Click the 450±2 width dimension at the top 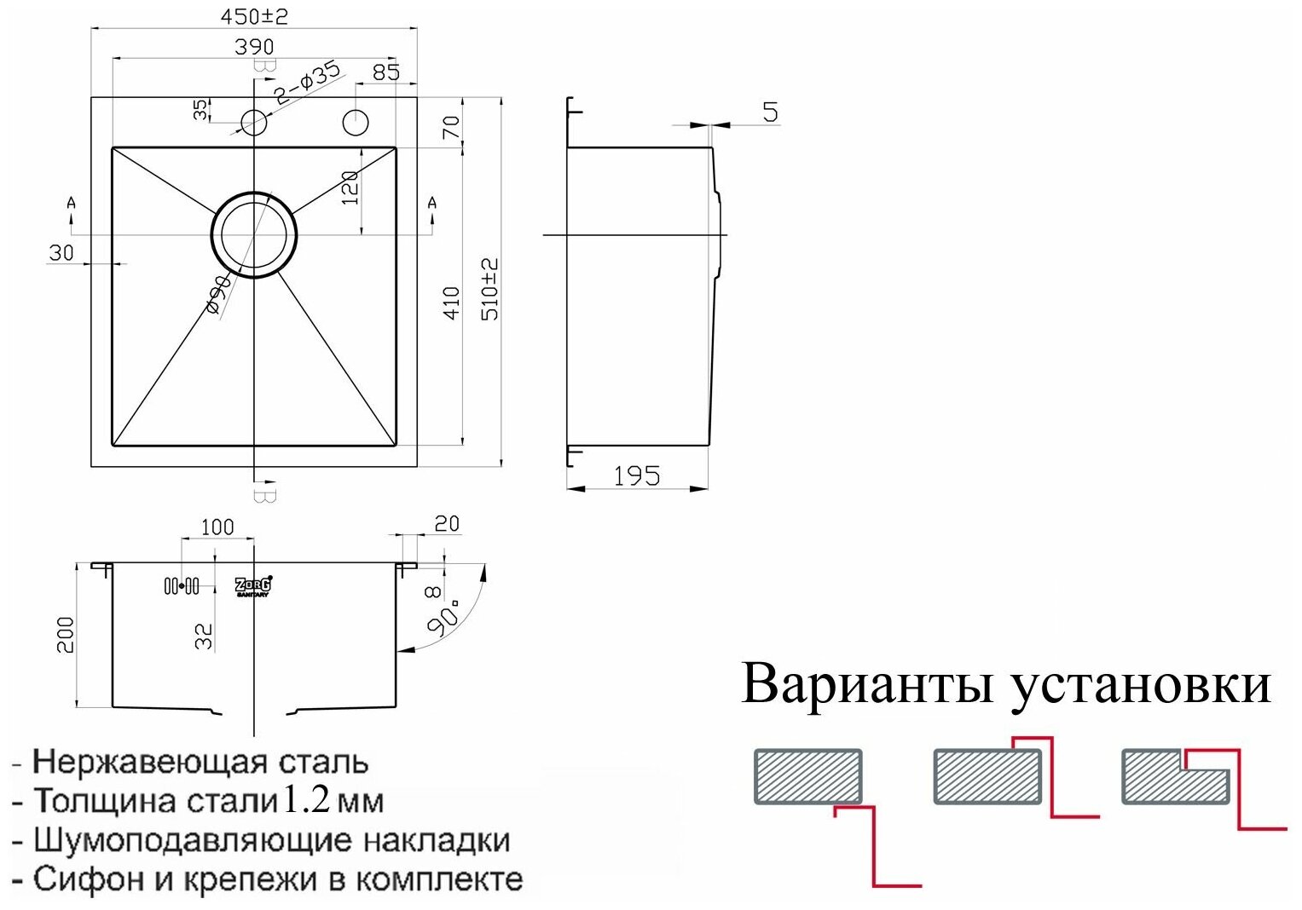point(254,17)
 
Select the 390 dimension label point(254,46)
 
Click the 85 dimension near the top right point(386,72)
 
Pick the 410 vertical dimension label point(452,302)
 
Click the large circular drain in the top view point(253,234)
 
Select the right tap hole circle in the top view point(356,122)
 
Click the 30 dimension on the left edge point(61,252)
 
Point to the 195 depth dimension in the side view point(637,475)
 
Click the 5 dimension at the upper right point(770,112)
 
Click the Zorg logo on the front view point(253,585)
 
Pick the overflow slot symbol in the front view point(182,586)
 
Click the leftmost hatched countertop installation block point(808,776)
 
